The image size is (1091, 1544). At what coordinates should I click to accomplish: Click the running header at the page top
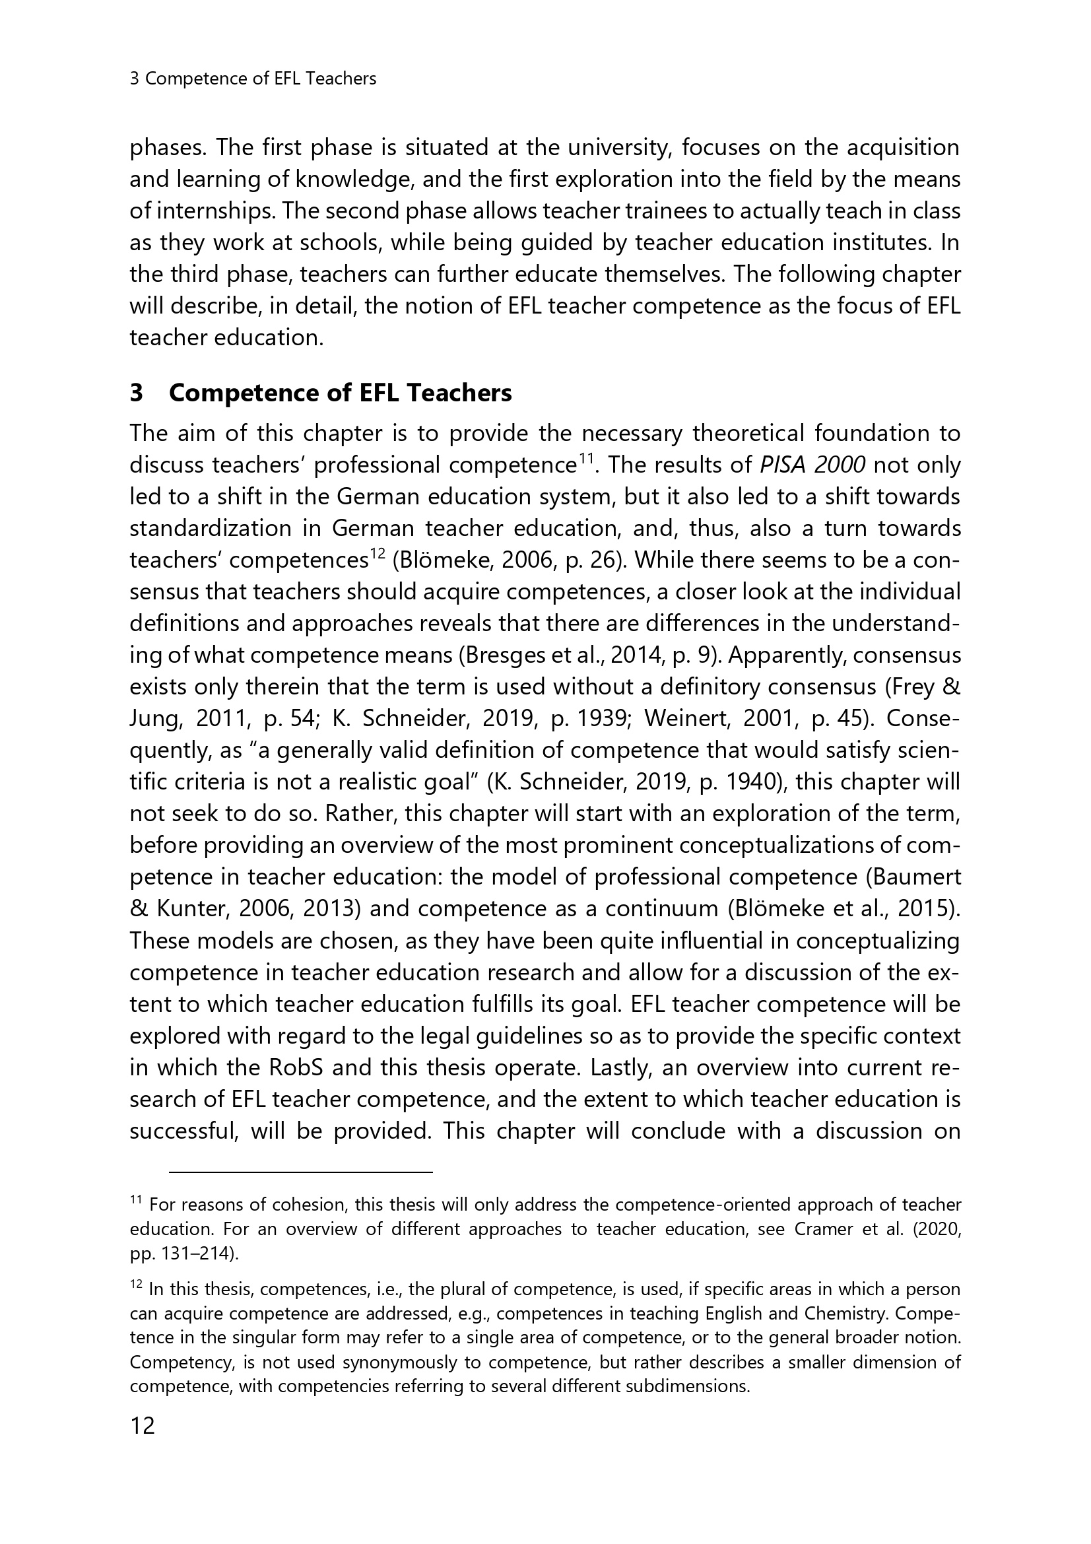coord(253,79)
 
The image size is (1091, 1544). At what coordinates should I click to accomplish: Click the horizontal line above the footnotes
coord(300,1173)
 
